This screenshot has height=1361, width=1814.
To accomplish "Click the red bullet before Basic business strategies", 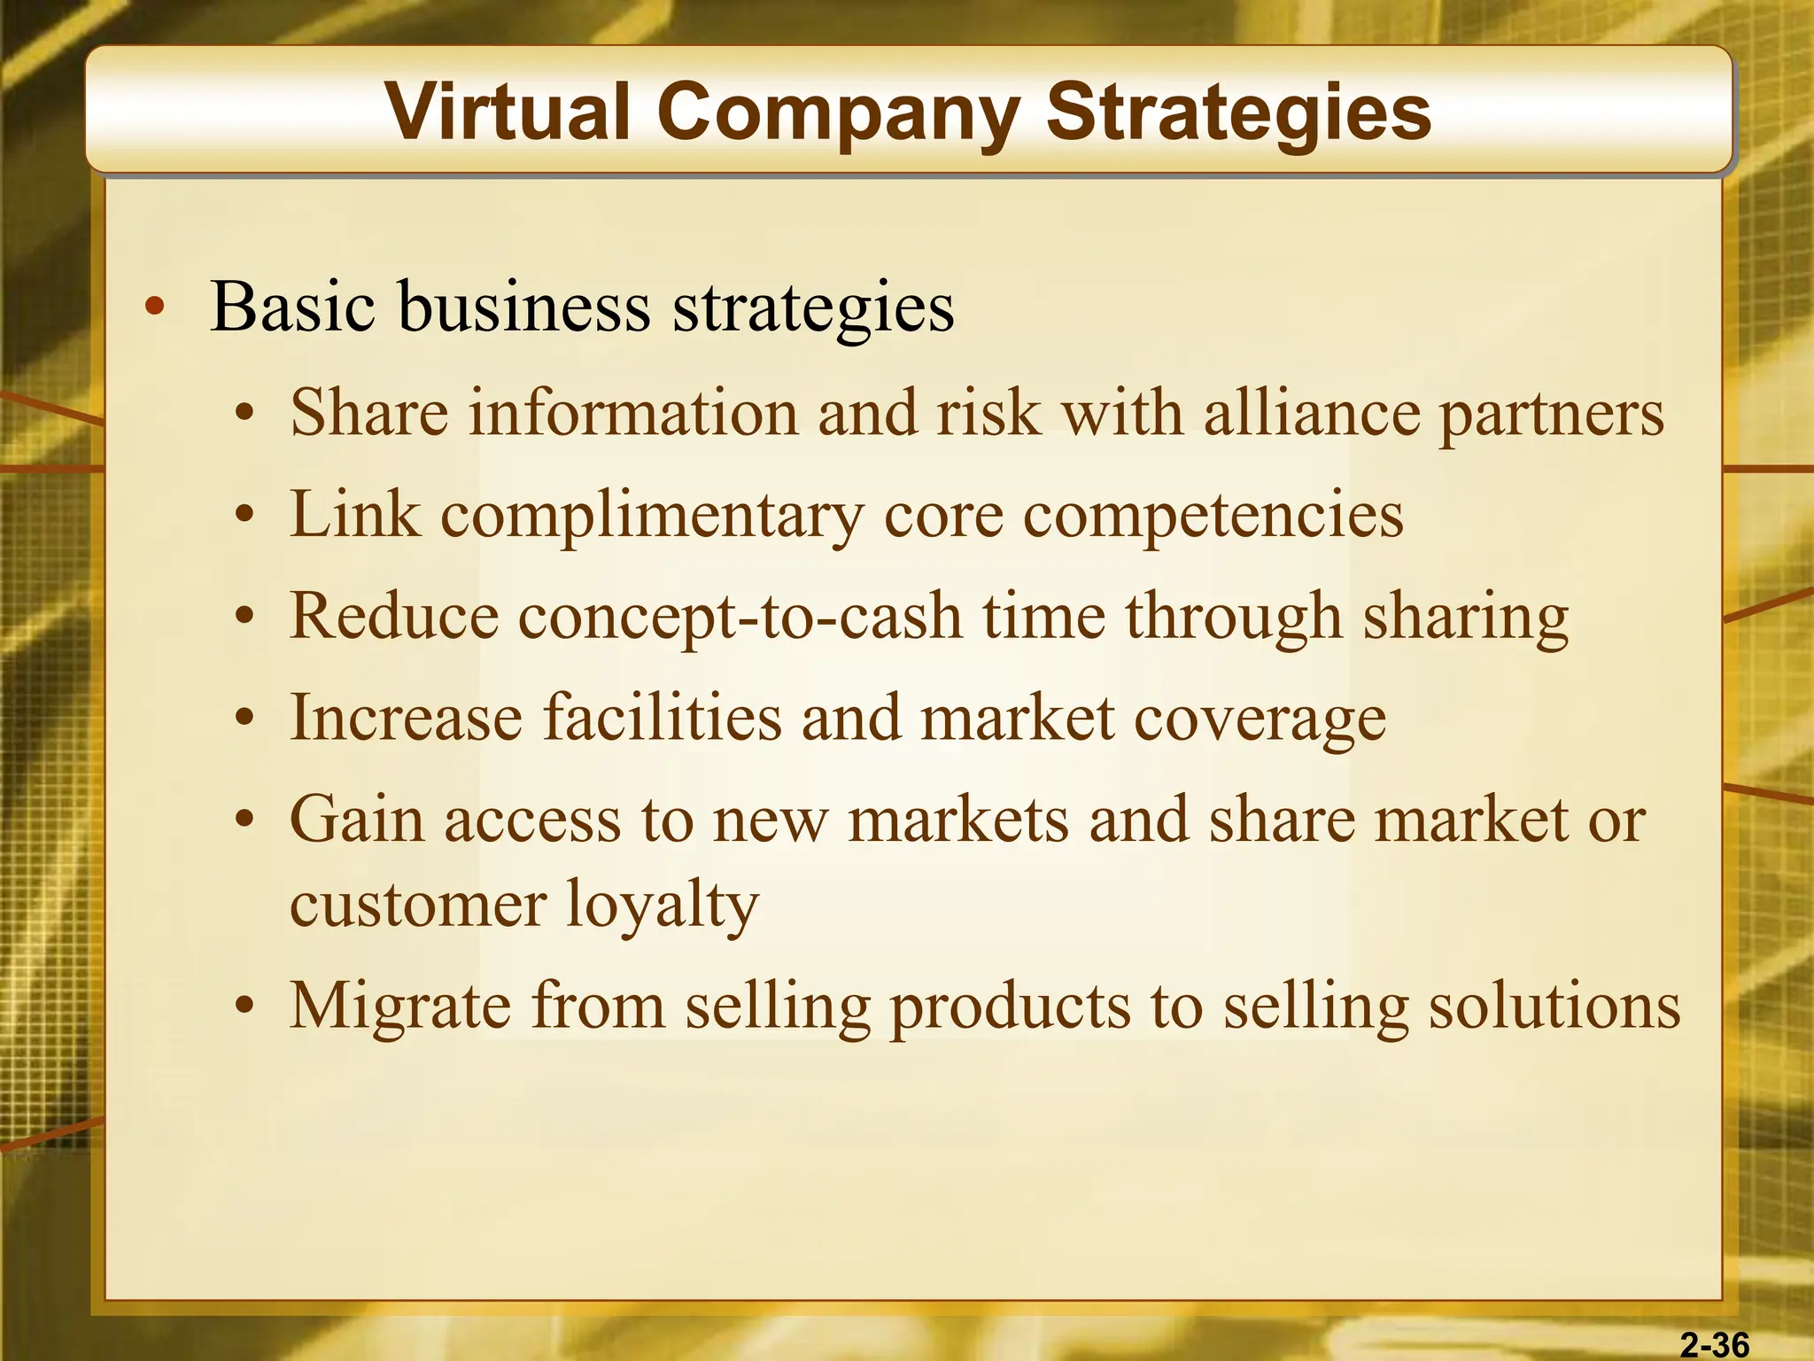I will (x=155, y=308).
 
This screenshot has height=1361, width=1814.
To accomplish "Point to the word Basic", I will (x=293, y=307).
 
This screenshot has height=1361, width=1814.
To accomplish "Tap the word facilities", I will (x=663, y=717).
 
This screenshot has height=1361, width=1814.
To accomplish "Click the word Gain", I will (x=357, y=820).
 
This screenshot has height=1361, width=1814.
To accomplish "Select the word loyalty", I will (x=662, y=906).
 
